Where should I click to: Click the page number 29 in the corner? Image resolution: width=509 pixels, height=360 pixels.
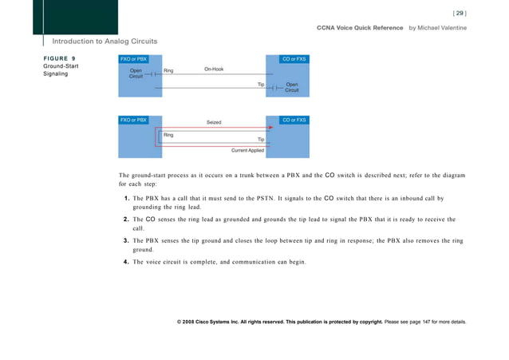[x=460, y=12]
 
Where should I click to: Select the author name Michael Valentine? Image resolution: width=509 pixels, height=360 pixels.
[x=442, y=28]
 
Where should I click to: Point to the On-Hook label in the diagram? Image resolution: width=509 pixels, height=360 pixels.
[x=213, y=69]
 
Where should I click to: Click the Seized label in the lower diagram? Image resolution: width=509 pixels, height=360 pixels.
[x=214, y=122]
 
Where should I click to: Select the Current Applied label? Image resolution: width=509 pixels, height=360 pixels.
[x=247, y=149]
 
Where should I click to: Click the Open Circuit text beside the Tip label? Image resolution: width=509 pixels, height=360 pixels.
[x=291, y=87]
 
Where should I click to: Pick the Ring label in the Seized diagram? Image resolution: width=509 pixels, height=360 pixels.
[x=168, y=135]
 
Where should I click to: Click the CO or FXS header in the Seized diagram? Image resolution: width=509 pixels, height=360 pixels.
[x=294, y=120]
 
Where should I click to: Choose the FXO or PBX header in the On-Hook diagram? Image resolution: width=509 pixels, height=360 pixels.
[x=132, y=58]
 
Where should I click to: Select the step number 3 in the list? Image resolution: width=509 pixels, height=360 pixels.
[x=128, y=239]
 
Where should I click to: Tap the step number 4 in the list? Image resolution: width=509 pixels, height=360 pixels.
[x=128, y=261]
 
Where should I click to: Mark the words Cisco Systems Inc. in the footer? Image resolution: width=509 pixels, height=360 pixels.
[x=219, y=322]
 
